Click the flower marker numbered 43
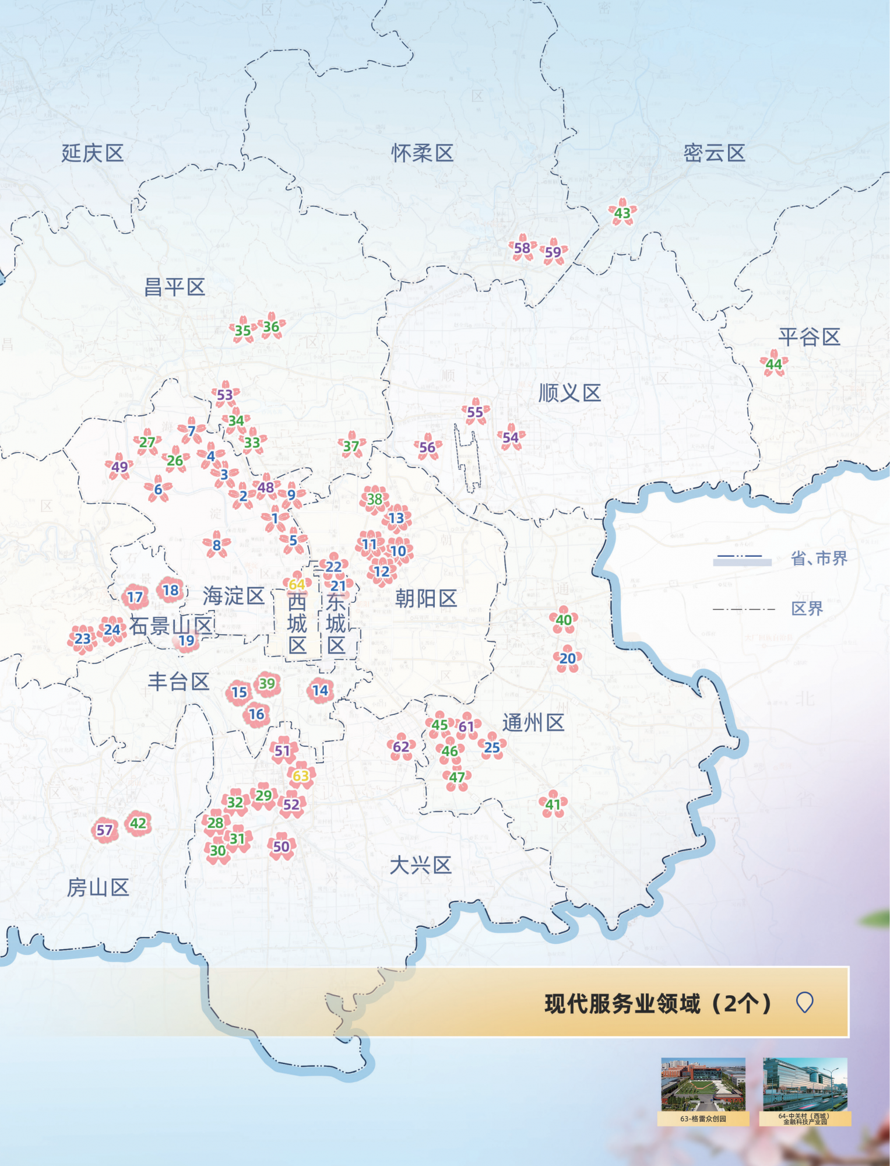coord(622,213)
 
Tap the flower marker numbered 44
coord(773,364)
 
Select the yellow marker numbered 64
coord(297,584)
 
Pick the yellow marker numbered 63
coord(301,776)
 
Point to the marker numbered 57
coord(104,830)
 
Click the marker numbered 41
coord(553,805)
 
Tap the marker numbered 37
coord(351,447)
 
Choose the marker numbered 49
coord(119,467)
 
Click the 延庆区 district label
coord(93,153)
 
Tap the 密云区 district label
coord(714,153)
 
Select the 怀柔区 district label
coord(422,153)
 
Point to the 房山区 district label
coord(98,887)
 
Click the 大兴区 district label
coord(420,865)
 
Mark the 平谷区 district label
coord(809,336)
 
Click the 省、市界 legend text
coord(818,559)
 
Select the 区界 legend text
coord(807,609)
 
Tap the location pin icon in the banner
coord(804,1003)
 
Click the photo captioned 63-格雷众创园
coord(703,1084)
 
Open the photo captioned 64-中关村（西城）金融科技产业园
coord(805,1084)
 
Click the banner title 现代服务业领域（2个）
coord(658,1004)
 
